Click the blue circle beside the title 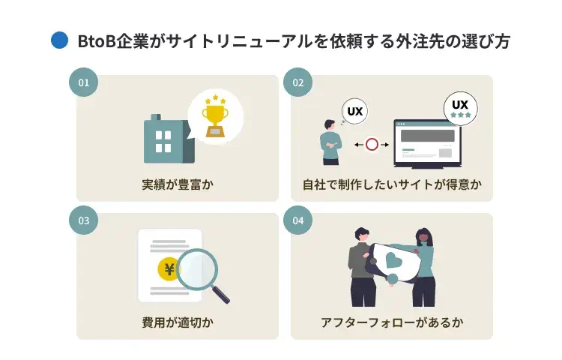tap(59, 40)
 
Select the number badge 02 tap(297, 82)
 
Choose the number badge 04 tap(297, 220)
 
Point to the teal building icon tap(166, 140)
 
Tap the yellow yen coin tap(169, 268)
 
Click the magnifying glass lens tap(196, 269)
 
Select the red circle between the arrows tap(372, 144)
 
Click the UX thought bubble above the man tap(355, 112)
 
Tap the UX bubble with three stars tap(460, 108)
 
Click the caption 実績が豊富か tap(177, 184)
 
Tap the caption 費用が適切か tap(177, 322)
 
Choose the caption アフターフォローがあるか tap(392, 322)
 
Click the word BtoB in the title tap(98, 41)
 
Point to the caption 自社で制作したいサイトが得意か tap(392, 184)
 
